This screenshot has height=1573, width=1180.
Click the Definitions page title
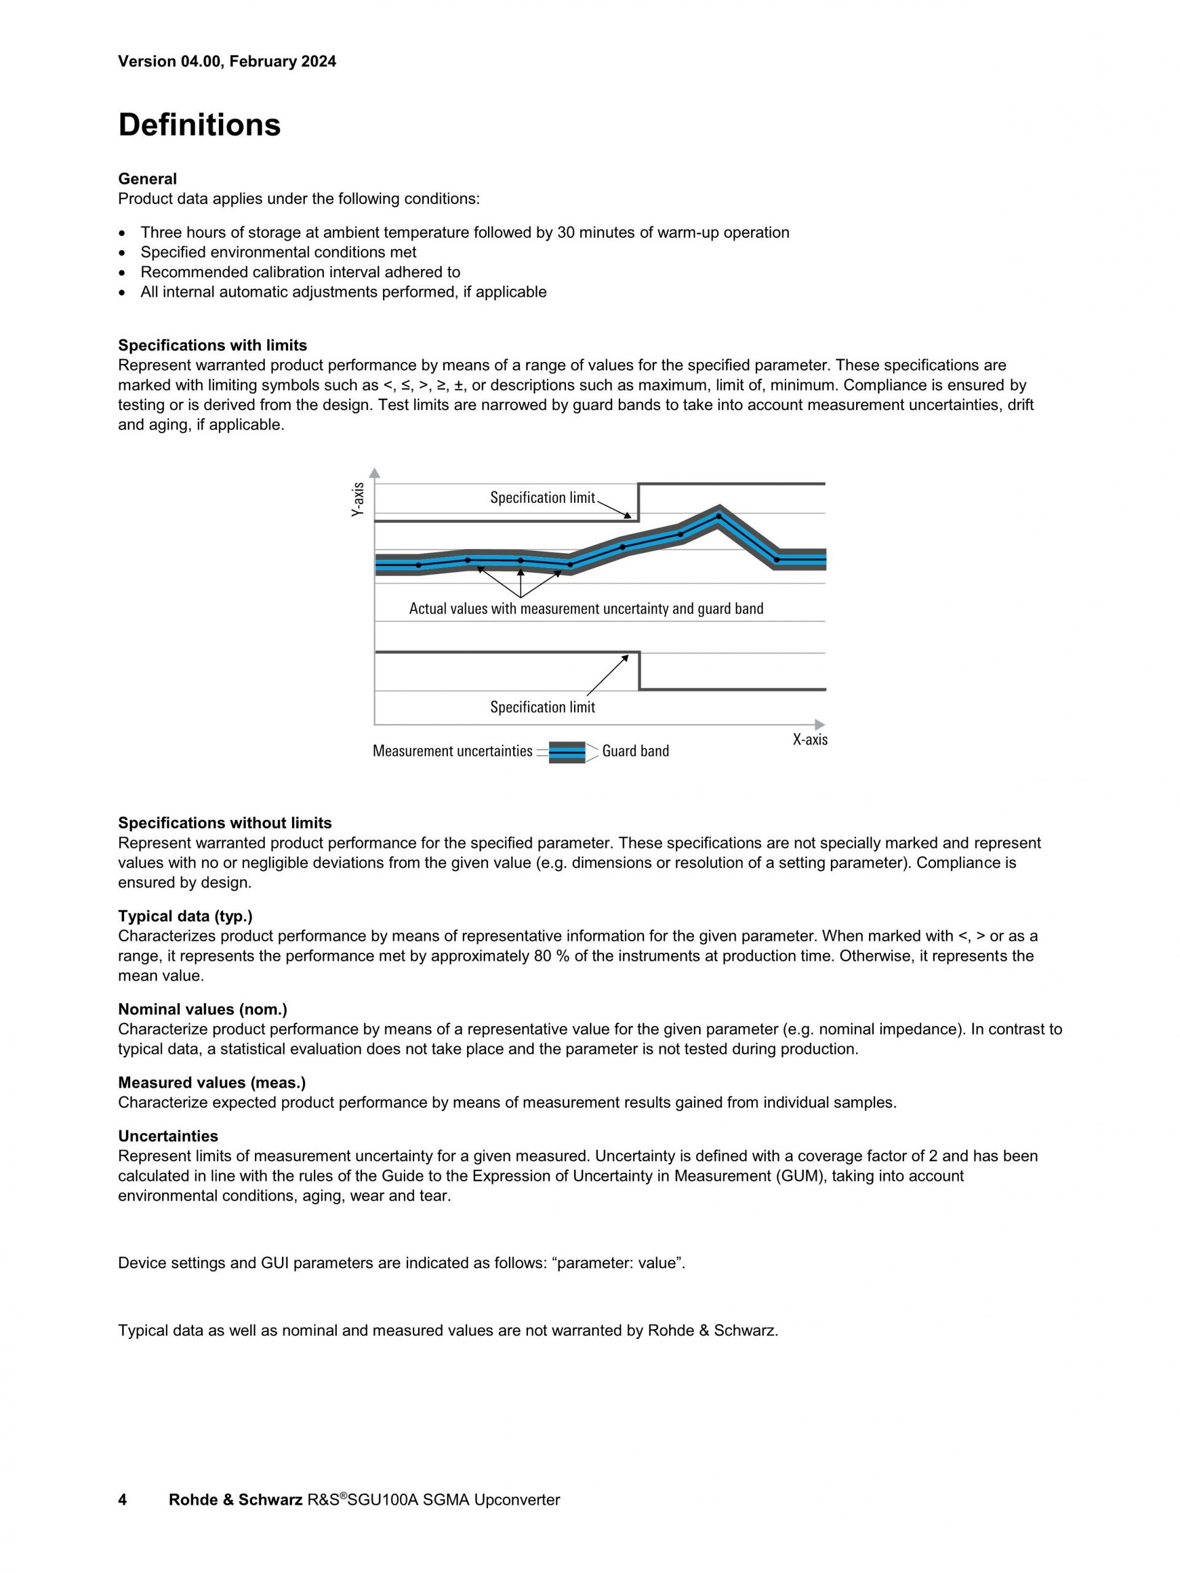pyautogui.click(x=199, y=125)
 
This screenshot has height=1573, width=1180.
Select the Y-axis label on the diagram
pyautogui.click(x=358, y=499)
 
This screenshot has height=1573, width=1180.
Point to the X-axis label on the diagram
pyautogui.click(x=809, y=739)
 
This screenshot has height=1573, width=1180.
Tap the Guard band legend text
pyautogui.click(x=635, y=751)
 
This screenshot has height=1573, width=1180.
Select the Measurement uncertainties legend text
pyautogui.click(x=452, y=751)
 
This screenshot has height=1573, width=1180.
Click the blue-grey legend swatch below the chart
pyautogui.click(x=567, y=752)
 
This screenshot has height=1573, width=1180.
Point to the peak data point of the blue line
pyautogui.click(x=718, y=516)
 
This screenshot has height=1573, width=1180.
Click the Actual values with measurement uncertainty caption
pyautogui.click(x=586, y=609)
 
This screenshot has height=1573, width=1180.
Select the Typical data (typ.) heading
pyautogui.click(x=185, y=916)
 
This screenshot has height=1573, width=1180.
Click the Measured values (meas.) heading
pyautogui.click(x=211, y=1082)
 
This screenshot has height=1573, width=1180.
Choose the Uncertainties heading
pyautogui.click(x=168, y=1136)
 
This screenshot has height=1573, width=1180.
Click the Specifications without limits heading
pyautogui.click(x=224, y=823)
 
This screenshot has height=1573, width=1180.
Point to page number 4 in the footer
pyautogui.click(x=122, y=1500)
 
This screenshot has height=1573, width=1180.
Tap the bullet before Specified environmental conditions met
pyautogui.click(x=124, y=253)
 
